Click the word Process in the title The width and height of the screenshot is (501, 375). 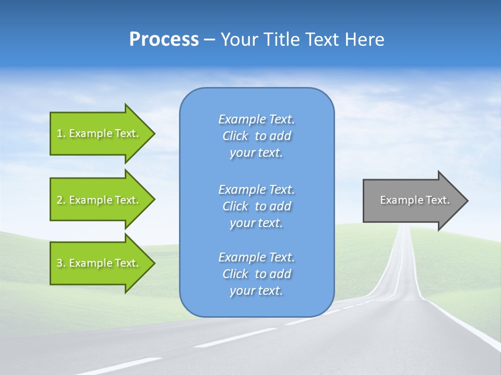pyautogui.click(x=164, y=40)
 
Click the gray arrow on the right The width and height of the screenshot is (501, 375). pyautogui.click(x=412, y=200)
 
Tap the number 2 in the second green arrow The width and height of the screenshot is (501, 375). pyautogui.click(x=59, y=200)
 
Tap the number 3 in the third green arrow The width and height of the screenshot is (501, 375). pyautogui.click(x=59, y=263)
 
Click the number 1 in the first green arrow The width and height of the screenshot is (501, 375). pyautogui.click(x=59, y=133)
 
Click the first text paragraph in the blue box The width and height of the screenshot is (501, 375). pyautogui.click(x=256, y=136)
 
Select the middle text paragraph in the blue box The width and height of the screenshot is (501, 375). pyautogui.click(x=256, y=206)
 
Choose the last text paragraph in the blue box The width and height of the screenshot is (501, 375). pyautogui.click(x=256, y=274)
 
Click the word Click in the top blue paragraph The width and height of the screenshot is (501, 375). pyautogui.click(x=235, y=136)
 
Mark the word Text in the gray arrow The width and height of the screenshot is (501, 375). pyautogui.click(x=438, y=200)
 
